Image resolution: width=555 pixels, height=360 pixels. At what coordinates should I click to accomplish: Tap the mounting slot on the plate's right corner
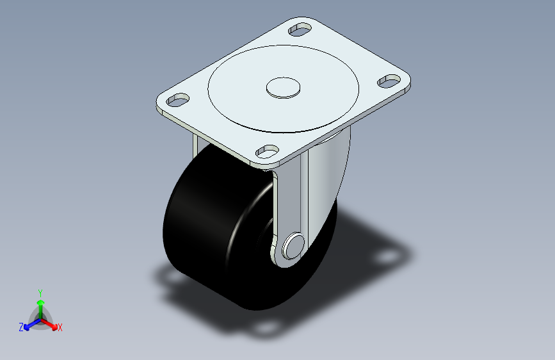click(389, 81)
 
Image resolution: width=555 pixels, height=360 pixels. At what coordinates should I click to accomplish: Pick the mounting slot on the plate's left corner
click(178, 100)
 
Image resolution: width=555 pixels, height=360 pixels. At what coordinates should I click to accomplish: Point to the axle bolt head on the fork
click(293, 246)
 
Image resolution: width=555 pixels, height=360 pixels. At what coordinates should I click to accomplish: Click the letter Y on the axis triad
click(40, 291)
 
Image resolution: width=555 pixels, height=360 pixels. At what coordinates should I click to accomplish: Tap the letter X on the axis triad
click(60, 328)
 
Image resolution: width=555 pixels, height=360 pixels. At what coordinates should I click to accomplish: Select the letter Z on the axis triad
click(20, 327)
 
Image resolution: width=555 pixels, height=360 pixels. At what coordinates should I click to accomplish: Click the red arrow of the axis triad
click(51, 324)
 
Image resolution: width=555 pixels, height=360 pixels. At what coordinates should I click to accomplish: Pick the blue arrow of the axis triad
click(29, 324)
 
